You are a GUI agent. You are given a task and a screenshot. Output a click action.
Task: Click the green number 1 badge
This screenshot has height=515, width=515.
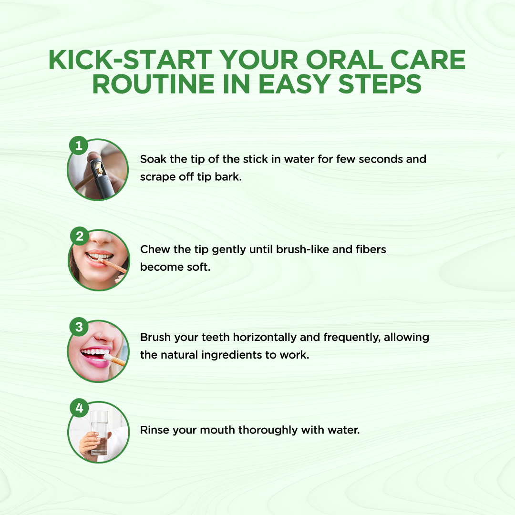click(x=79, y=145)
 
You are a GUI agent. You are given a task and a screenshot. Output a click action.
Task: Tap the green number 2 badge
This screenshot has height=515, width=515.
click(x=80, y=236)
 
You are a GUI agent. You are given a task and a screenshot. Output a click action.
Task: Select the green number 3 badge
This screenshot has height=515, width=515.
click(x=79, y=327)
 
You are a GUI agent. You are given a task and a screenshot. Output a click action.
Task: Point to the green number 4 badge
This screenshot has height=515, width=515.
click(x=79, y=408)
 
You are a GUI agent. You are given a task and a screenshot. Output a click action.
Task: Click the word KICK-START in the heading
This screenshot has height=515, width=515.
click(x=130, y=60)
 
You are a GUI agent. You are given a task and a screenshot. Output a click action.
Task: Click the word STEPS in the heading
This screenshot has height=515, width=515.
click(x=380, y=84)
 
